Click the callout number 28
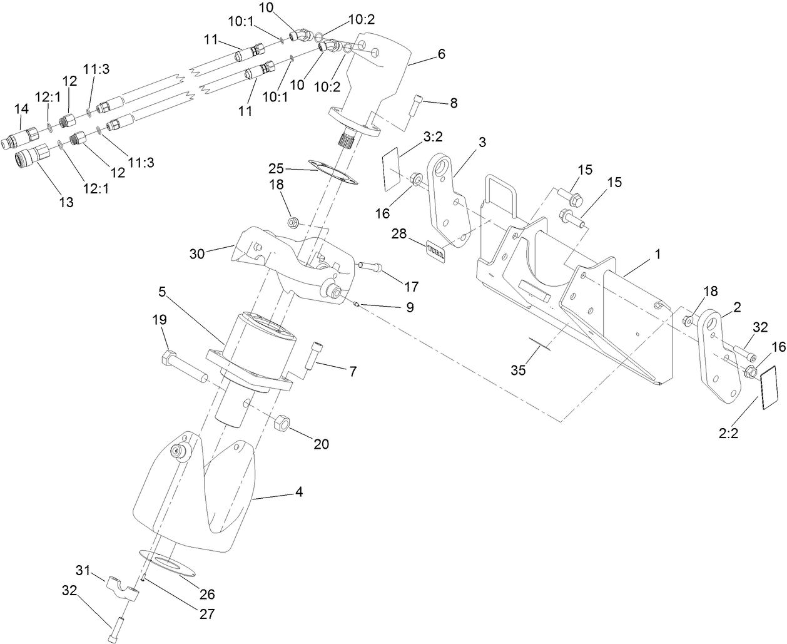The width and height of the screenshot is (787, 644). (x=399, y=233)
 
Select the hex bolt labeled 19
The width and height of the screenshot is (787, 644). (x=185, y=369)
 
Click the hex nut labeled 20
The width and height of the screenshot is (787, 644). (x=282, y=423)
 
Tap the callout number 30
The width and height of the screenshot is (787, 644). (x=198, y=254)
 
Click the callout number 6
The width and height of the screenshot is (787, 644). (x=441, y=54)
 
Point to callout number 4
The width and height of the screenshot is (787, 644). (x=299, y=493)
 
